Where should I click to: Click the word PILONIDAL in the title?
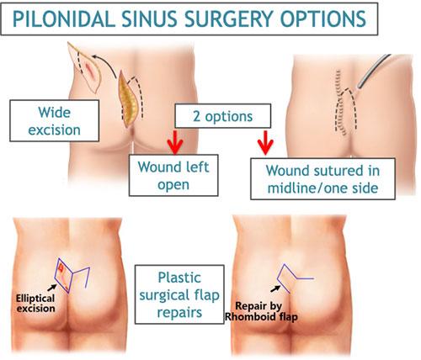[x=64, y=19]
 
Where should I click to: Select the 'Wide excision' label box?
[x=55, y=120]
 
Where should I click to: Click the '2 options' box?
[x=223, y=116]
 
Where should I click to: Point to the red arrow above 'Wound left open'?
[x=175, y=142]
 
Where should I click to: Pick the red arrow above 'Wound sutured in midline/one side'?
[x=265, y=142]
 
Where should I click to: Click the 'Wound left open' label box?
[x=173, y=175]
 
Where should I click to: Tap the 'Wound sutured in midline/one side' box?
[x=322, y=179]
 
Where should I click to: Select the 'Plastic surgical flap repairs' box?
[x=179, y=294]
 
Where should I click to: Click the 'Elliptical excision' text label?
[x=35, y=303]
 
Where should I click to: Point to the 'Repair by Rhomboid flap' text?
[x=261, y=311]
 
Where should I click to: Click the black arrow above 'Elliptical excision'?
[x=51, y=288]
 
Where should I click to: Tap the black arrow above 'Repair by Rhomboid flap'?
[x=275, y=289]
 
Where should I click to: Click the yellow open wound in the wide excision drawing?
[x=128, y=99]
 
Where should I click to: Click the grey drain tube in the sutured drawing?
[x=372, y=71]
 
